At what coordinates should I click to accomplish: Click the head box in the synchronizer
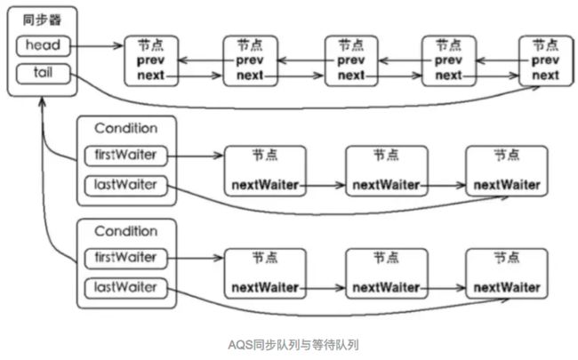coord(44,45)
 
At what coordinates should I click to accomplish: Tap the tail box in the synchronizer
coord(44,73)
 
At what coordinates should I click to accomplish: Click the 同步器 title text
coord(42,20)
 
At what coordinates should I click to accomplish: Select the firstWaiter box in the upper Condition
coord(125,156)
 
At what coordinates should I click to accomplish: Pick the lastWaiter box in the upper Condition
coord(125,185)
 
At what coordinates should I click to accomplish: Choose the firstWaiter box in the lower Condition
coord(125,258)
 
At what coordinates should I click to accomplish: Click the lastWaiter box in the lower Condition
coord(125,288)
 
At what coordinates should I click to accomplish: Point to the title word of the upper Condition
coord(126,128)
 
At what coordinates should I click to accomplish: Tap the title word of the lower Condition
coord(126,231)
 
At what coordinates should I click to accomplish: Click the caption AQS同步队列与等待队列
coord(293,345)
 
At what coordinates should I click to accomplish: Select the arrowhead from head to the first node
coord(118,45)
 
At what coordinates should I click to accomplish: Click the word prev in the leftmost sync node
coord(151,60)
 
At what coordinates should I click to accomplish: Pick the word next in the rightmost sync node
coord(546,76)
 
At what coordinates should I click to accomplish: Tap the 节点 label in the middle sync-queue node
coord(351,45)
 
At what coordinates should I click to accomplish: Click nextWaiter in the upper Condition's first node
coord(265,185)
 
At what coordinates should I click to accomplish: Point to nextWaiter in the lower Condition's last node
coord(507,287)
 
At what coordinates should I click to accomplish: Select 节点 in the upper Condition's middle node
coord(386,155)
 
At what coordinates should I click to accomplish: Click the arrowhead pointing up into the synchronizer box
coord(43,102)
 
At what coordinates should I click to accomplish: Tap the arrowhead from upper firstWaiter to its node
coord(218,156)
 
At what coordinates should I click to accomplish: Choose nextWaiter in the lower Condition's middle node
coord(386,287)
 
